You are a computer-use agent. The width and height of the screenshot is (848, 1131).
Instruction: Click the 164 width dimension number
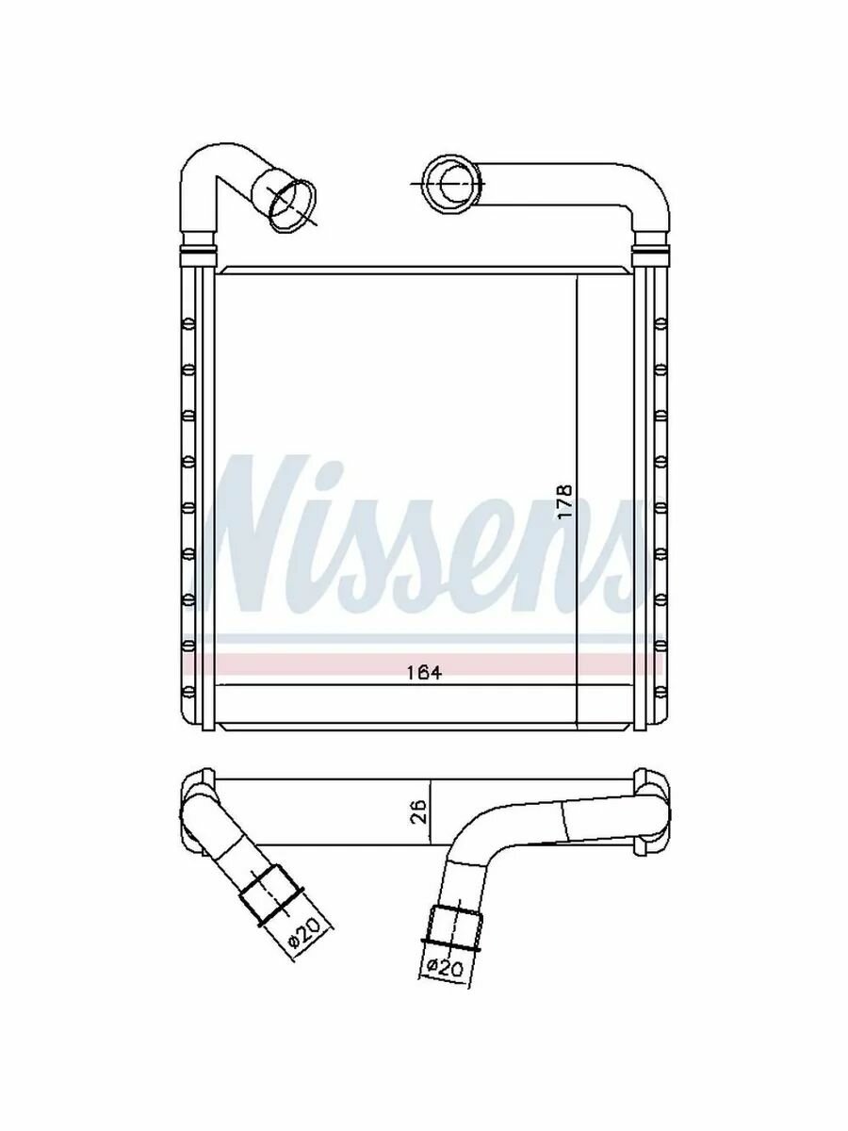click(424, 673)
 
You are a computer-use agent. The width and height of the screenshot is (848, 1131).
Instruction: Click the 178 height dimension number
click(565, 501)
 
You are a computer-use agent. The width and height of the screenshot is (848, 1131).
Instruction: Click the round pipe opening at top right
click(453, 185)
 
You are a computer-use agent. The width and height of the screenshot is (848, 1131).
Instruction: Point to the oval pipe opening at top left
click(292, 205)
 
